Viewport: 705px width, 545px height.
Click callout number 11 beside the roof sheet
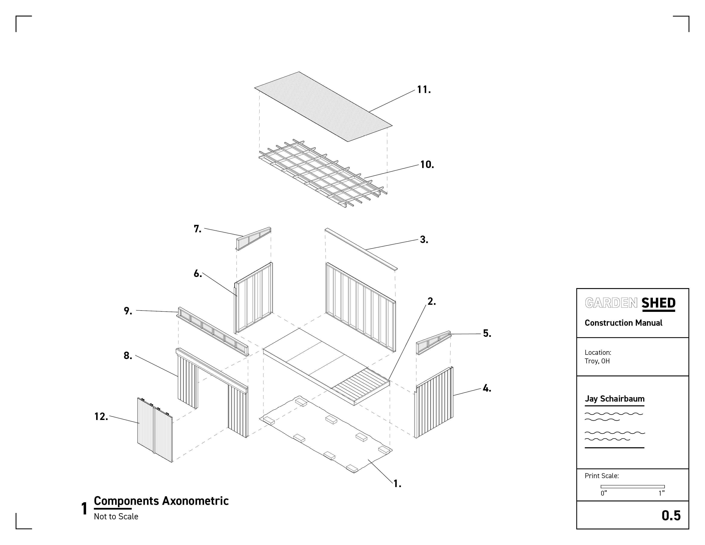(423, 90)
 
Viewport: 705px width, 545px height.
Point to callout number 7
(197, 229)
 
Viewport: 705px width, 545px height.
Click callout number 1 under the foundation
(397, 484)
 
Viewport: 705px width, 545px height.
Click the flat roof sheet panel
(323, 107)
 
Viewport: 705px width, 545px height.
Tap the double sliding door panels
(155, 429)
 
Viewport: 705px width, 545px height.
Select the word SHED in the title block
(658, 303)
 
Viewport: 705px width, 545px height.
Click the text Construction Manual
(623, 323)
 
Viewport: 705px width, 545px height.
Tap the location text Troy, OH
(597, 361)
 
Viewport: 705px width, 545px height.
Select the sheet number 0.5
(671, 516)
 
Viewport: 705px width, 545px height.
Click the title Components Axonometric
(161, 501)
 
